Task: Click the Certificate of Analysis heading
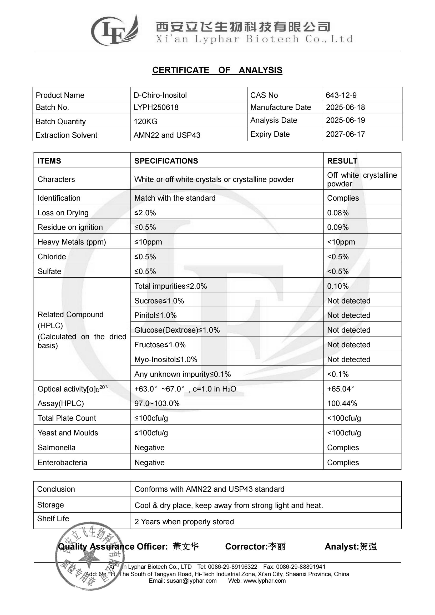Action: pyautogui.click(x=217, y=70)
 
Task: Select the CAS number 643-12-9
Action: pyautogui.click(x=341, y=95)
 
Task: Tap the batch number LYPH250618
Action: pyautogui.click(x=156, y=108)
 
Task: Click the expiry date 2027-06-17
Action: pyautogui.click(x=345, y=134)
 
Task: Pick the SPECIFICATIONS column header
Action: pyautogui.click(x=166, y=161)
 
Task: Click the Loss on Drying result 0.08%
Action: pyautogui.click(x=338, y=213)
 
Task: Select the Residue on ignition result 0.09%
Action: pyautogui.click(x=338, y=227)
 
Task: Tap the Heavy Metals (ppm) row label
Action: pyautogui.click(x=72, y=242)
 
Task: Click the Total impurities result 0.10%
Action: pyautogui.click(x=338, y=286)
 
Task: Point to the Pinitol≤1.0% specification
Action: pyautogui.click(x=155, y=315)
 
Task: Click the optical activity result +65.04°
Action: pyautogui.click(x=340, y=389)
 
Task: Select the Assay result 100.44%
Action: pyautogui.click(x=342, y=403)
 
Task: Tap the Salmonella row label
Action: pyautogui.click(x=57, y=448)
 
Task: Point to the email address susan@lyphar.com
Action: pyautogui.click(x=191, y=581)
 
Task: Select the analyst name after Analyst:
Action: pyautogui.click(x=368, y=547)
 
